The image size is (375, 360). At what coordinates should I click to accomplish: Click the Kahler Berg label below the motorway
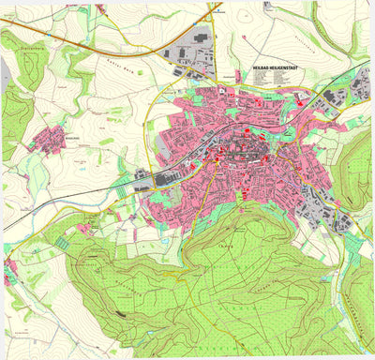pyautogui.click(x=124, y=67)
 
